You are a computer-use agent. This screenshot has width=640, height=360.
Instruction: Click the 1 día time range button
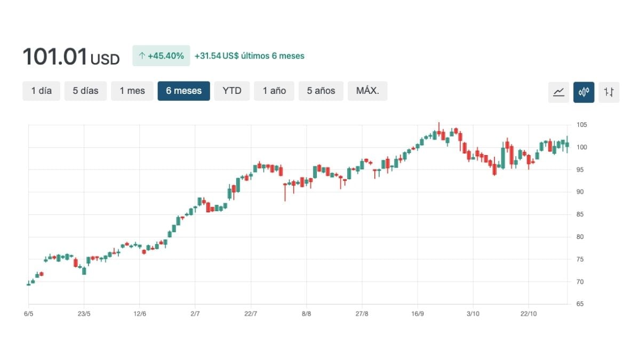click(41, 91)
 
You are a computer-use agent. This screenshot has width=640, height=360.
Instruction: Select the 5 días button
click(86, 91)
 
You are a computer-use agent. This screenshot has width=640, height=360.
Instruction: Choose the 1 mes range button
click(132, 91)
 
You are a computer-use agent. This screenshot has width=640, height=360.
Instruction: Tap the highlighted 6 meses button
click(183, 91)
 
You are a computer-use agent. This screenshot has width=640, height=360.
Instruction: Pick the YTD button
click(232, 91)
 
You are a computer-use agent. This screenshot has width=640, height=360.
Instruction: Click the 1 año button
click(274, 91)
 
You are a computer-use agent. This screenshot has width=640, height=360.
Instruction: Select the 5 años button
click(321, 91)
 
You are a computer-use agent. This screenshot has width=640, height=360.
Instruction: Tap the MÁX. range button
click(367, 91)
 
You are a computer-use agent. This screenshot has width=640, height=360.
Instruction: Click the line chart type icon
click(558, 92)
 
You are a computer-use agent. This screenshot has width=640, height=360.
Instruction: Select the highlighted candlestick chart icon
click(583, 92)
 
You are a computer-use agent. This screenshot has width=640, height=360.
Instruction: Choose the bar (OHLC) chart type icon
click(609, 92)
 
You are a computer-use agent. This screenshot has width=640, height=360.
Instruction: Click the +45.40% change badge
click(161, 55)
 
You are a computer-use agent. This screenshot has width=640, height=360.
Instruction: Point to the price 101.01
click(55, 57)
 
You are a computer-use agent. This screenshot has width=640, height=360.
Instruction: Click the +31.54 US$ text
click(216, 55)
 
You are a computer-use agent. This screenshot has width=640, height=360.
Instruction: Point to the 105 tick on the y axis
click(581, 125)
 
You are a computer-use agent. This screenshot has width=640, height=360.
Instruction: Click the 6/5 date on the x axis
click(29, 314)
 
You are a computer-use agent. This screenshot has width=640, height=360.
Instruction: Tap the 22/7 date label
click(251, 314)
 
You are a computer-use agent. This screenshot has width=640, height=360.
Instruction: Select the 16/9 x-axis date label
click(418, 314)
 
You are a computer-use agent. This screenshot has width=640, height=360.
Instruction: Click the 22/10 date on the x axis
click(529, 314)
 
